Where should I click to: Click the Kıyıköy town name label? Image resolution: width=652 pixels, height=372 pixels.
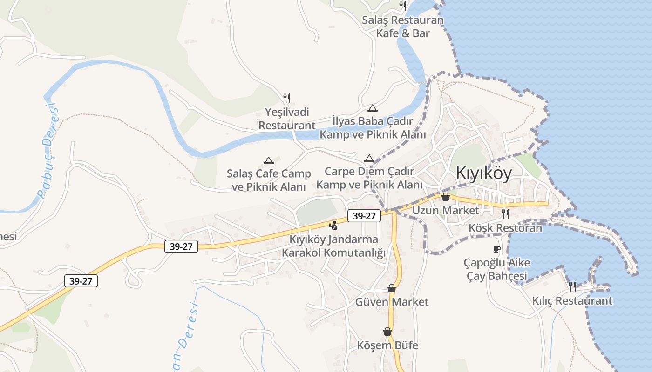pos(483,173)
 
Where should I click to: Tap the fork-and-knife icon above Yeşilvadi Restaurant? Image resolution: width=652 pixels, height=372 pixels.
pos(287,98)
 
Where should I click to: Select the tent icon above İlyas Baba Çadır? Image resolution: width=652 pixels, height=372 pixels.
pos(372,108)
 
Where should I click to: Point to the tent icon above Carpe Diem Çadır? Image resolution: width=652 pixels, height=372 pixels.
pos(369,158)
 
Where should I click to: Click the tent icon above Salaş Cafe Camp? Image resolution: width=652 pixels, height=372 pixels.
pos(268,160)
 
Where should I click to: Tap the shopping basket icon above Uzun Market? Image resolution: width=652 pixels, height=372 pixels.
pos(446,197)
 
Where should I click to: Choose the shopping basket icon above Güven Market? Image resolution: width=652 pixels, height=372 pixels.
pos(392,288)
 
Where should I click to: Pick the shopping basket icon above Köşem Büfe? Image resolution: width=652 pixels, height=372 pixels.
pos(387,332)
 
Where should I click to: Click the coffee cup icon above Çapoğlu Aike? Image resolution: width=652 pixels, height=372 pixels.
pos(497,249)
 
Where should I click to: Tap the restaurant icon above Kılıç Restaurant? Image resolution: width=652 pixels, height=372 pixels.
pos(572,287)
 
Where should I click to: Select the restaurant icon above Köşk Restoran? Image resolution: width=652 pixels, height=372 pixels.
pos(505,214)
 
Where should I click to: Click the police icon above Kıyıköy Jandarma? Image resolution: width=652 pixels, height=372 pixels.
pos(333,226)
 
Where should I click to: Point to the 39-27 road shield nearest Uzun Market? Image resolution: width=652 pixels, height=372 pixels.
pos(364,216)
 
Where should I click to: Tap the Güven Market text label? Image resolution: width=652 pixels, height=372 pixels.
pos(392,302)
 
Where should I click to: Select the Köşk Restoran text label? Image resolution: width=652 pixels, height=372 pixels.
pos(505,228)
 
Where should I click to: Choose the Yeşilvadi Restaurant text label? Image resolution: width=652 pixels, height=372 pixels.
pos(287,119)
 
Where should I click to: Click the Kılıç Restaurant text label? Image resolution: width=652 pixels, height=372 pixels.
pos(572,301)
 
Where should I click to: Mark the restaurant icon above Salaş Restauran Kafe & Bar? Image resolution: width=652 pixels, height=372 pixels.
pos(403,6)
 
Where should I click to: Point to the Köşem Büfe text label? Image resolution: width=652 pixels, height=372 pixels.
pos(387,345)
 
